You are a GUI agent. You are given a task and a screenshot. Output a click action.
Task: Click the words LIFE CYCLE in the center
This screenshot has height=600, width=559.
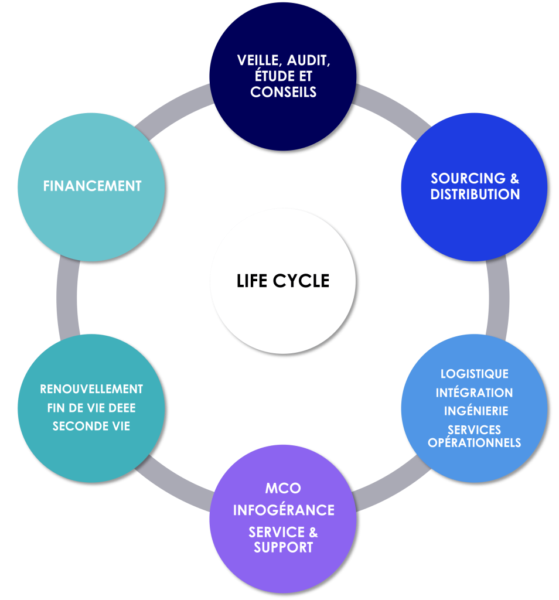coord(283,281)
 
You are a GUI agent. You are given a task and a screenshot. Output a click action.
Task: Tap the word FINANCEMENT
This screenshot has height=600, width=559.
coord(92,186)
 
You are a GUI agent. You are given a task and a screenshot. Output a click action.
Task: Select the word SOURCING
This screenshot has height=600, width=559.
coord(459,178)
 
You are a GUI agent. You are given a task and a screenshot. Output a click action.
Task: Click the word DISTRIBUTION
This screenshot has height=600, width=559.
coord(475,195)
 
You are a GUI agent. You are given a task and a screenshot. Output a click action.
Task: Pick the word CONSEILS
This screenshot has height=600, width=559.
coord(283,92)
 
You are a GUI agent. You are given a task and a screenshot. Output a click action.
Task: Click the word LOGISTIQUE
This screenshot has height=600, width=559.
coord(474,374)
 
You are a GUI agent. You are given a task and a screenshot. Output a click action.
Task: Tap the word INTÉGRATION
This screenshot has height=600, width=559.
coord(474,393)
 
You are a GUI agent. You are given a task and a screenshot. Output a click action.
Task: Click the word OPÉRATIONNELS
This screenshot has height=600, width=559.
coord(474,443)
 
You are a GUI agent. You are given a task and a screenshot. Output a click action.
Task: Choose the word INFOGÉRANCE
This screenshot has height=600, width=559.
coord(284,510)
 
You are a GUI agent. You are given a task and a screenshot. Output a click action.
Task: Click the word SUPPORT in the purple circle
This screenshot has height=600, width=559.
coord(283,548)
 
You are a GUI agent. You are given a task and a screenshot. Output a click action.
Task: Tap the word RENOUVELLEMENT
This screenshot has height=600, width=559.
coord(91,389)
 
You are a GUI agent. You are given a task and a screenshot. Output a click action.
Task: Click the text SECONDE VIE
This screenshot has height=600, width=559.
coord(91,427)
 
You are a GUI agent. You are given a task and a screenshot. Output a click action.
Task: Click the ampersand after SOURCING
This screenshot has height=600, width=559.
coord(514,178)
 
